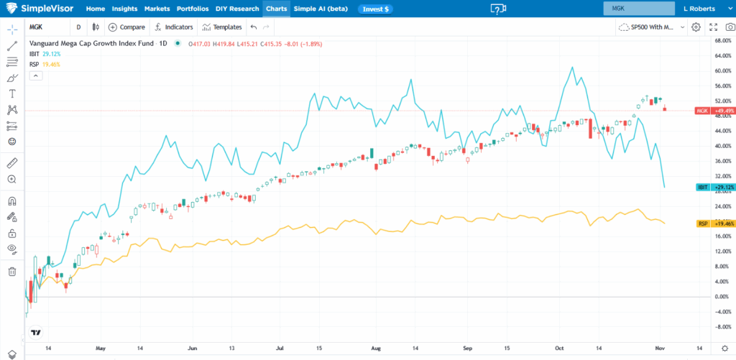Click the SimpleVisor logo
(x=40, y=9)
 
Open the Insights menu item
(x=124, y=9)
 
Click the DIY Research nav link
(x=238, y=9)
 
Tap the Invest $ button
(x=375, y=9)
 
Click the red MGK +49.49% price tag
(x=713, y=111)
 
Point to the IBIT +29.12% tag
(x=713, y=187)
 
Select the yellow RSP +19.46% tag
(x=713, y=224)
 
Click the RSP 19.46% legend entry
(x=45, y=64)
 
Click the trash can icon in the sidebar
(x=11, y=272)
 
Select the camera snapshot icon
(x=730, y=27)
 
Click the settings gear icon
(x=695, y=27)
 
